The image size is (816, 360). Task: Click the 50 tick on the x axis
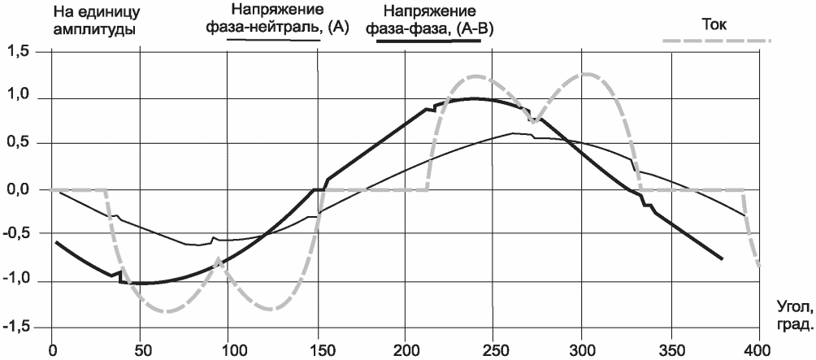point(140,348)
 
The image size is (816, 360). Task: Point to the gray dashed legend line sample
point(716,40)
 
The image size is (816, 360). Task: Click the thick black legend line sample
point(428,41)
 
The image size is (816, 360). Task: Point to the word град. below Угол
point(793,327)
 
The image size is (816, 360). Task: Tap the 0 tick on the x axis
point(51,348)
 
